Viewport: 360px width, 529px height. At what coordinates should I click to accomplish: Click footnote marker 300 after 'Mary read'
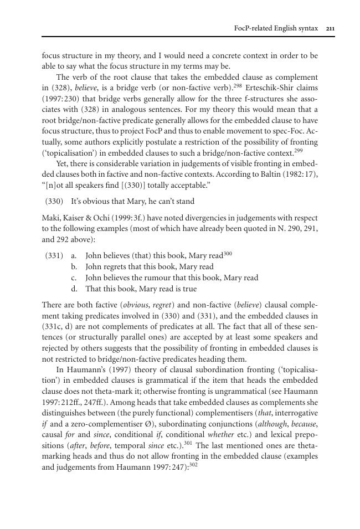(228, 253)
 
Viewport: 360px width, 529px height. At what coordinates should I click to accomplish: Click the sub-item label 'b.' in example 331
(74, 266)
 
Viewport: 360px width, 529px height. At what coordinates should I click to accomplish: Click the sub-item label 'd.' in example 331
(74, 289)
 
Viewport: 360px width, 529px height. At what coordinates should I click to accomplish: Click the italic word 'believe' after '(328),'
(87, 88)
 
